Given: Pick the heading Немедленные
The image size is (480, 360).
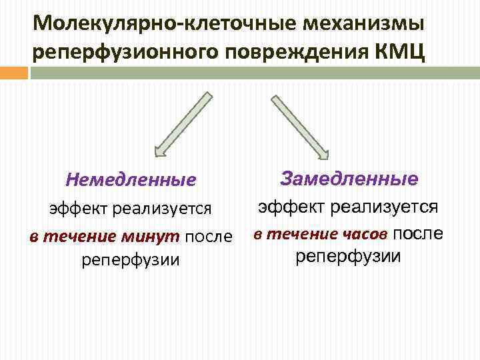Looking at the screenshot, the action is (x=131, y=180).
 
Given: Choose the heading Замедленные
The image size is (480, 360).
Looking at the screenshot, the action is (x=349, y=179).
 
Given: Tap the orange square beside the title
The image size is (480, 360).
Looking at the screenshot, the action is (x=15, y=72).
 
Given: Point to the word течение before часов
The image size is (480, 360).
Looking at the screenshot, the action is (x=299, y=234).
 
